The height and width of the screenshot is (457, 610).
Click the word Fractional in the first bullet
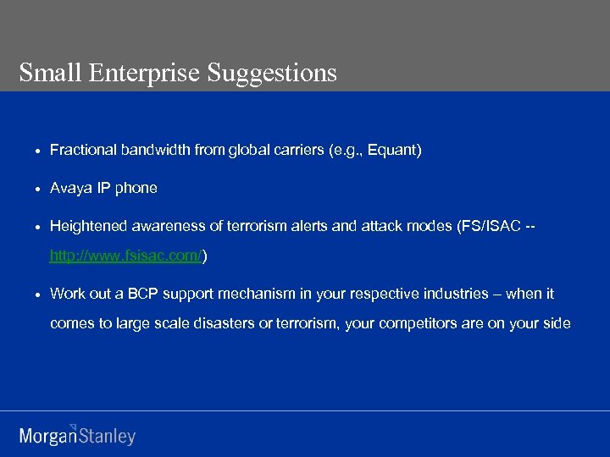pyautogui.click(x=83, y=150)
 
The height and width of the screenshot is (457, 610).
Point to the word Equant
pyautogui.click(x=391, y=150)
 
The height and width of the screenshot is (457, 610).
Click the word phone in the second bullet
pyautogui.click(x=136, y=188)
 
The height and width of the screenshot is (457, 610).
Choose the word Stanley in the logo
pyautogui.click(x=107, y=437)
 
